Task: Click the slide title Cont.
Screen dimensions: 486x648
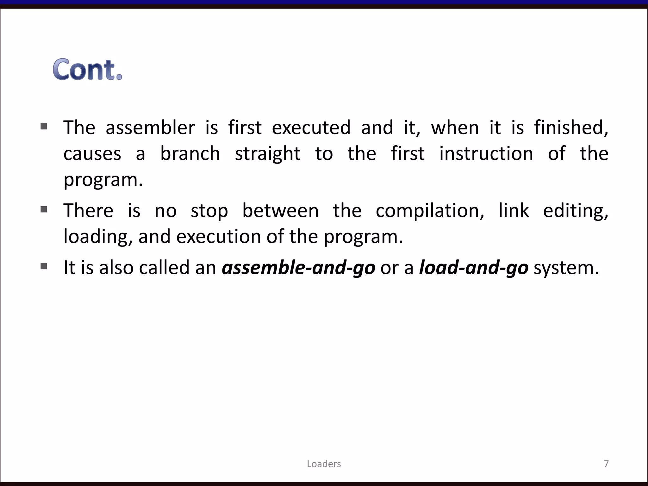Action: [x=87, y=70]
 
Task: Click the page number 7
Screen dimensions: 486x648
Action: [x=606, y=464]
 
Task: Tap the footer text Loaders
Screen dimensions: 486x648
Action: [x=324, y=464]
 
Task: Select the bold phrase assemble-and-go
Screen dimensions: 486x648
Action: [x=298, y=268]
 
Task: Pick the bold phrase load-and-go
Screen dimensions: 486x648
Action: [x=473, y=268]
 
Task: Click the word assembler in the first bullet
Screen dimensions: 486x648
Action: [x=150, y=128]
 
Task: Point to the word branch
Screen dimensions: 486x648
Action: [x=190, y=154]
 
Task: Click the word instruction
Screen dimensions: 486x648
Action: [x=486, y=154]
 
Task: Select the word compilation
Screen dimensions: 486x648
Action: [x=430, y=211]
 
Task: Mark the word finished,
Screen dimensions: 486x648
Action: [x=571, y=128]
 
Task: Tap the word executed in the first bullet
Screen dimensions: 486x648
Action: [x=311, y=128]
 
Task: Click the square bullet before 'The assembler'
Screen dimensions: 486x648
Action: [x=44, y=127]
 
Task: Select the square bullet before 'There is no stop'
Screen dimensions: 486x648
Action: [x=44, y=209]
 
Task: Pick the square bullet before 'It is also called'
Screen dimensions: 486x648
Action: [x=44, y=266]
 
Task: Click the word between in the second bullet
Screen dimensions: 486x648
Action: [x=280, y=211]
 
